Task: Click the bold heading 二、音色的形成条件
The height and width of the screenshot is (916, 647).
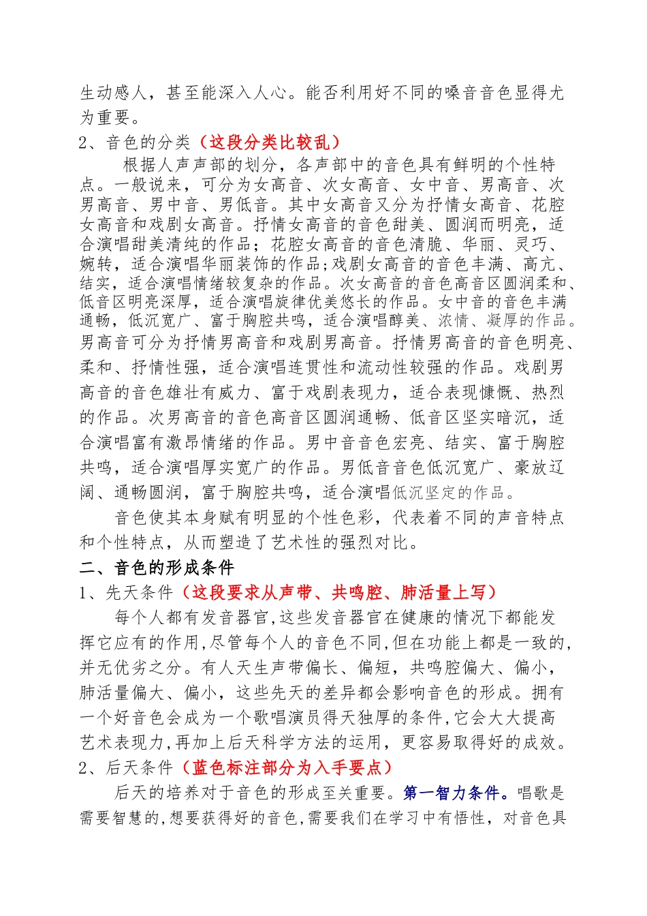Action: pos(157,568)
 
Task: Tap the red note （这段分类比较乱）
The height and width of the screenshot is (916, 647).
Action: pos(267,142)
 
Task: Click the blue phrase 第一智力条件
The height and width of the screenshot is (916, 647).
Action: pos(452,793)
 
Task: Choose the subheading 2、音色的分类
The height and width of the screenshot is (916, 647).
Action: pos(135,142)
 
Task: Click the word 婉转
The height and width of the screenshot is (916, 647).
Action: pos(97,263)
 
